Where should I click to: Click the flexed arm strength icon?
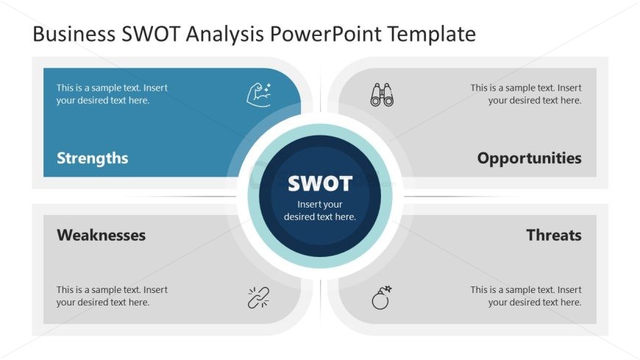click(259, 95)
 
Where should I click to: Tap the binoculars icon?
click(382, 95)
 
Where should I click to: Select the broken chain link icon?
click(259, 297)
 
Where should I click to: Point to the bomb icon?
click(382, 297)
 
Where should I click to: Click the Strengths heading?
click(92, 158)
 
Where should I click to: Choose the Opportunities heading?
click(530, 158)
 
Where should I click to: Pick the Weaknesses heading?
click(102, 235)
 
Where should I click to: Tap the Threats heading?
click(554, 235)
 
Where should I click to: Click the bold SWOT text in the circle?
click(320, 183)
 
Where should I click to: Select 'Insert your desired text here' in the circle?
click(320, 211)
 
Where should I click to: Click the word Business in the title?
click(74, 34)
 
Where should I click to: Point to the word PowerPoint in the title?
click(325, 34)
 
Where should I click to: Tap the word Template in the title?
click(431, 35)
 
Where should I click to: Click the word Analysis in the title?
click(225, 35)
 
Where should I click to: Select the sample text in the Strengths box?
click(112, 94)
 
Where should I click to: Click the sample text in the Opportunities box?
click(526, 94)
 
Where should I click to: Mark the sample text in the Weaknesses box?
click(112, 296)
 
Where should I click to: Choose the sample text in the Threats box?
click(526, 296)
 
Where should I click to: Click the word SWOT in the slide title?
click(151, 34)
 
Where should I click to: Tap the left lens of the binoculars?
click(375, 100)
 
